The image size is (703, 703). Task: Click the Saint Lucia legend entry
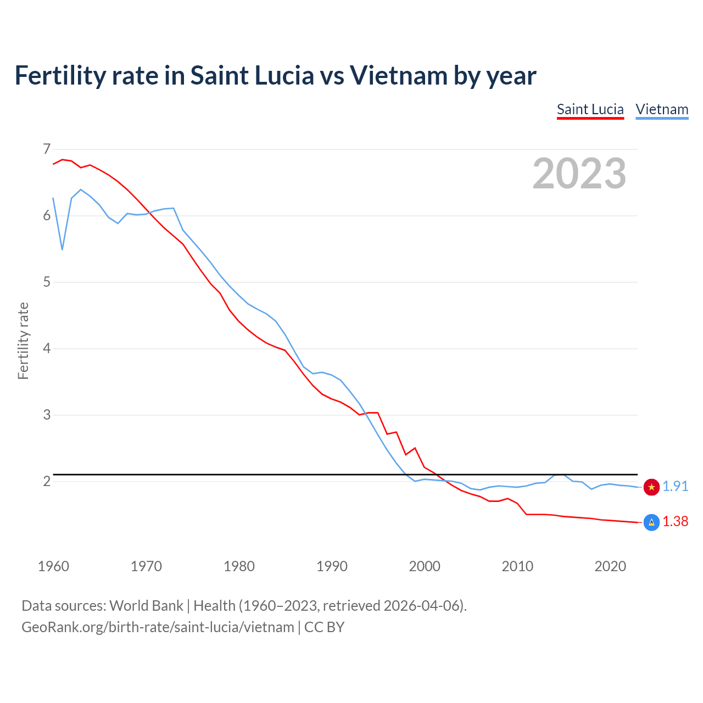pyautogui.click(x=590, y=109)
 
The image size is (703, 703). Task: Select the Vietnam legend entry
pyautogui.click(x=662, y=109)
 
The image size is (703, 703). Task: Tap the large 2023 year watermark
pyautogui.click(x=579, y=174)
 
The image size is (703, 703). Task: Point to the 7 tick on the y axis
pyautogui.click(x=47, y=149)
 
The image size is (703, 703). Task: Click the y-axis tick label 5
pyautogui.click(x=47, y=282)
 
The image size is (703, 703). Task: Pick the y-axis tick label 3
pyautogui.click(x=47, y=415)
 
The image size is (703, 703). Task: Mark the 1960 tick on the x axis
pyautogui.click(x=53, y=566)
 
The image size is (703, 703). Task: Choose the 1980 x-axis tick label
pyautogui.click(x=239, y=566)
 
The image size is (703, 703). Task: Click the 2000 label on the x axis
pyautogui.click(x=425, y=566)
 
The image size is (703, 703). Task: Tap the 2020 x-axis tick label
pyautogui.click(x=610, y=566)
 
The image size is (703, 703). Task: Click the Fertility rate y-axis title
pyautogui.click(x=23, y=341)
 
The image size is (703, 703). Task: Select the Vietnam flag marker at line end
pyautogui.click(x=651, y=487)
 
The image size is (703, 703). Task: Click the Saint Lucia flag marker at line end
pyautogui.click(x=651, y=522)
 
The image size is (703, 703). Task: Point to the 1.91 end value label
pyautogui.click(x=675, y=487)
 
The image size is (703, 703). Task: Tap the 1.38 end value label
pyautogui.click(x=675, y=522)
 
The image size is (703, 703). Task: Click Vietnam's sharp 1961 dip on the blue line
pyautogui.click(x=63, y=249)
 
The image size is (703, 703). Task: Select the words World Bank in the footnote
pyautogui.click(x=146, y=606)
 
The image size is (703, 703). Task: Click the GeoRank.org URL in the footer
pyautogui.click(x=158, y=627)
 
